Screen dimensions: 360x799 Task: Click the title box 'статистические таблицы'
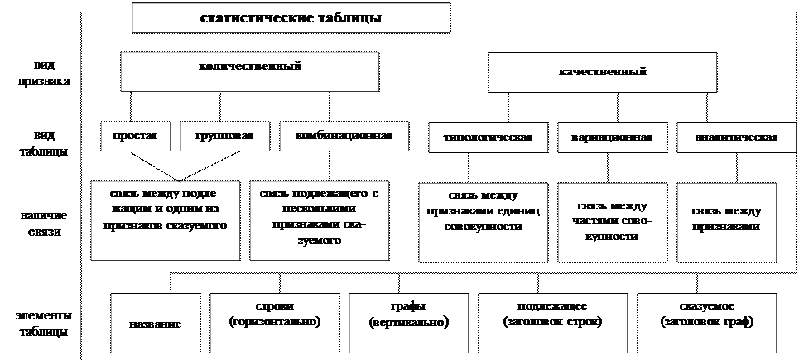point(291,18)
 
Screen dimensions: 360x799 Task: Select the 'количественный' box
point(249,71)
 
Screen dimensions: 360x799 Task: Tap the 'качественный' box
point(602,73)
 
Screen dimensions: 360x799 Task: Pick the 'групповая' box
point(224,137)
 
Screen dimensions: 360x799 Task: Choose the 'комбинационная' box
point(344,137)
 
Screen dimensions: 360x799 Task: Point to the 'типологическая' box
point(487,137)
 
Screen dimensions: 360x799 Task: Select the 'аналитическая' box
point(728,137)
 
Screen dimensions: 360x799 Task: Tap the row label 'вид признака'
point(41,73)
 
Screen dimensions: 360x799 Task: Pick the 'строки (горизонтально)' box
point(275,314)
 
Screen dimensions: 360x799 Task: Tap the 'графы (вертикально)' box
point(408,314)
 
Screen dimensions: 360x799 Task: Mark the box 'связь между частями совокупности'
point(614,221)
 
